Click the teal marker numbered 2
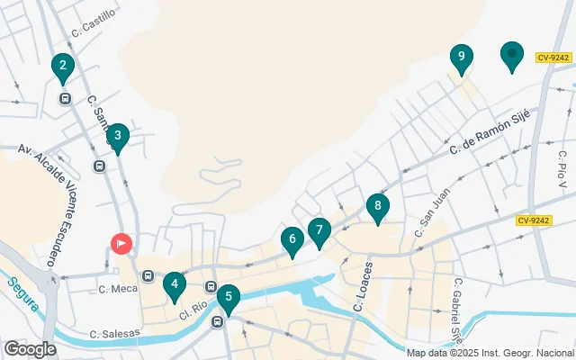[62, 65]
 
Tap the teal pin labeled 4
[175, 286]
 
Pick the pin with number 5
[229, 297]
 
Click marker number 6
[291, 239]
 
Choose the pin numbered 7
[319, 230]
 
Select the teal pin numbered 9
[461, 58]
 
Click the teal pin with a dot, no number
[512, 55]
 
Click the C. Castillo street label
[95, 21]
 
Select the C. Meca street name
[116, 289]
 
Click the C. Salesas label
[114, 334]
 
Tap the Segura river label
[24, 292]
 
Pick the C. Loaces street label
[364, 287]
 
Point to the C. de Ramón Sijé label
[494, 130]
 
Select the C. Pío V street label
[562, 167]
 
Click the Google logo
[30, 348]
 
